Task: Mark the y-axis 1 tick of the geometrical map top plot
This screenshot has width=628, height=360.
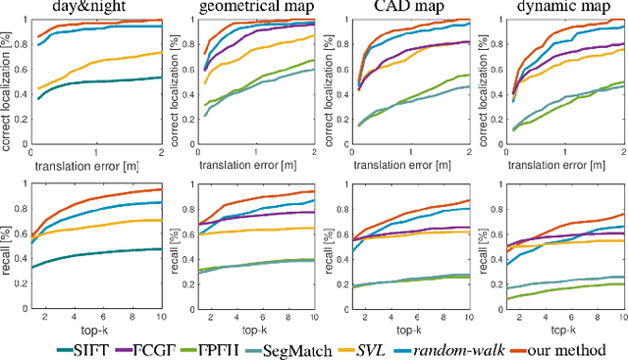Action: tap(186, 20)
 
